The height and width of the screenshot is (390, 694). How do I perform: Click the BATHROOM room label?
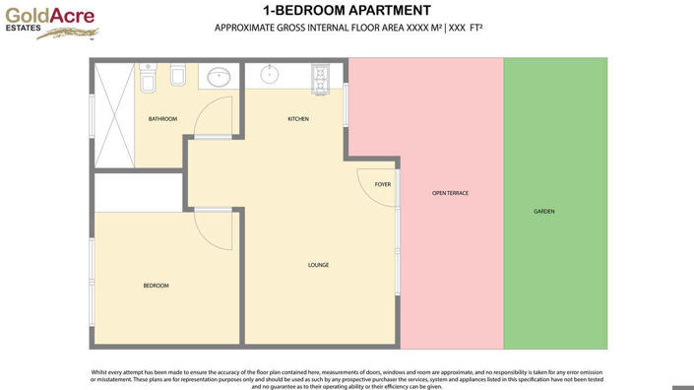click(162, 119)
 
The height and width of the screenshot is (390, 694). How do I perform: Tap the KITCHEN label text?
click(298, 119)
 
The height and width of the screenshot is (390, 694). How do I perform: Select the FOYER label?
click(383, 184)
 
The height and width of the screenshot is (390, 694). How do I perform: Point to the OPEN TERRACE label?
click(450, 193)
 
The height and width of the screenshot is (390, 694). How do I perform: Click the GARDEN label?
click(544, 212)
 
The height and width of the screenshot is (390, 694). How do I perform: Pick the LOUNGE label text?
click(318, 264)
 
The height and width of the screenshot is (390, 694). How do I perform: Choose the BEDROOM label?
click(156, 286)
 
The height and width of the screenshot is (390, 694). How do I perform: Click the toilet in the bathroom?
click(148, 76)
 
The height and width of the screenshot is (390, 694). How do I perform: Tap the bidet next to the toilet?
click(178, 77)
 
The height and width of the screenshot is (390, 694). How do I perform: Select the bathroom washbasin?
click(221, 76)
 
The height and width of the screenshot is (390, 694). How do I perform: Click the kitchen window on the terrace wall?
click(347, 104)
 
